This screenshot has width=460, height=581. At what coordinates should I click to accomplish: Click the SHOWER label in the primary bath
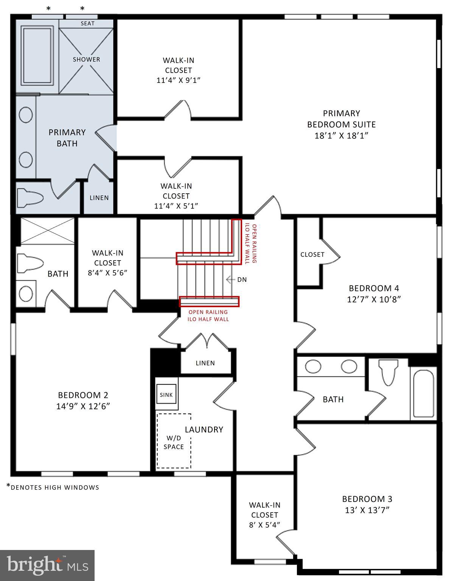click(86, 59)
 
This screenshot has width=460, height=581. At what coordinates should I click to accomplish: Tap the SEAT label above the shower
click(87, 23)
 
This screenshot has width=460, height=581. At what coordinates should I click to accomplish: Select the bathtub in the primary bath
click(37, 55)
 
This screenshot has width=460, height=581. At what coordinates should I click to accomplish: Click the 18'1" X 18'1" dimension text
click(341, 135)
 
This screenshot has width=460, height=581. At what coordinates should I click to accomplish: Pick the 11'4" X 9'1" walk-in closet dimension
click(178, 80)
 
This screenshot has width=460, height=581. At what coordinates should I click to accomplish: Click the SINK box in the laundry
click(166, 395)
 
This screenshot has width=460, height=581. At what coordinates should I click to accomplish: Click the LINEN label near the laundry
click(205, 363)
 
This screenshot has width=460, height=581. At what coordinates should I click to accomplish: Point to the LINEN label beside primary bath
click(99, 198)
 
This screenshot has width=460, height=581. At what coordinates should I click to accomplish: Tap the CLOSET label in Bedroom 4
click(312, 255)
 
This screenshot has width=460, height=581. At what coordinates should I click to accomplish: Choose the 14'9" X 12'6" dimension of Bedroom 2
click(83, 406)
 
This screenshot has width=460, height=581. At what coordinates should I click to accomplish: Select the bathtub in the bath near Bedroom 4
click(423, 394)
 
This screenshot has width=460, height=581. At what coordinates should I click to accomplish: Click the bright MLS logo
click(47, 565)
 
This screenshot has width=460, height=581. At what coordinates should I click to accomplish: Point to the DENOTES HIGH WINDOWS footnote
click(53, 487)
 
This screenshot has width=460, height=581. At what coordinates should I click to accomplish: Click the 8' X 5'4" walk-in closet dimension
click(264, 525)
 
